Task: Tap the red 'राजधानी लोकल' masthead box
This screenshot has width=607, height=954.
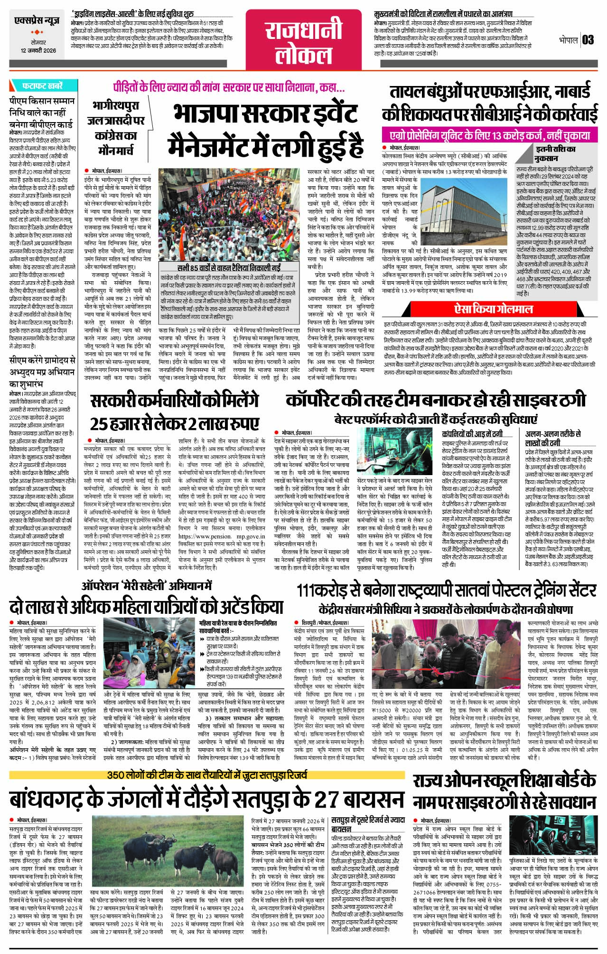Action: coord(303,40)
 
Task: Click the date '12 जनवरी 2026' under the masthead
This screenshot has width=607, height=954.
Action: coord(38,51)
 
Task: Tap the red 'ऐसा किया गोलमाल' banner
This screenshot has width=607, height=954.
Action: coord(494,309)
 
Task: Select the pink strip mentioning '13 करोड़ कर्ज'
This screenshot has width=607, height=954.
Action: coord(486,135)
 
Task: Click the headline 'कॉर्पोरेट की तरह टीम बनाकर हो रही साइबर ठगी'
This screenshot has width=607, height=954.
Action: coord(436,401)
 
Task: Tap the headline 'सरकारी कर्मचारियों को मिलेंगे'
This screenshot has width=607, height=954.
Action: coord(175,401)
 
